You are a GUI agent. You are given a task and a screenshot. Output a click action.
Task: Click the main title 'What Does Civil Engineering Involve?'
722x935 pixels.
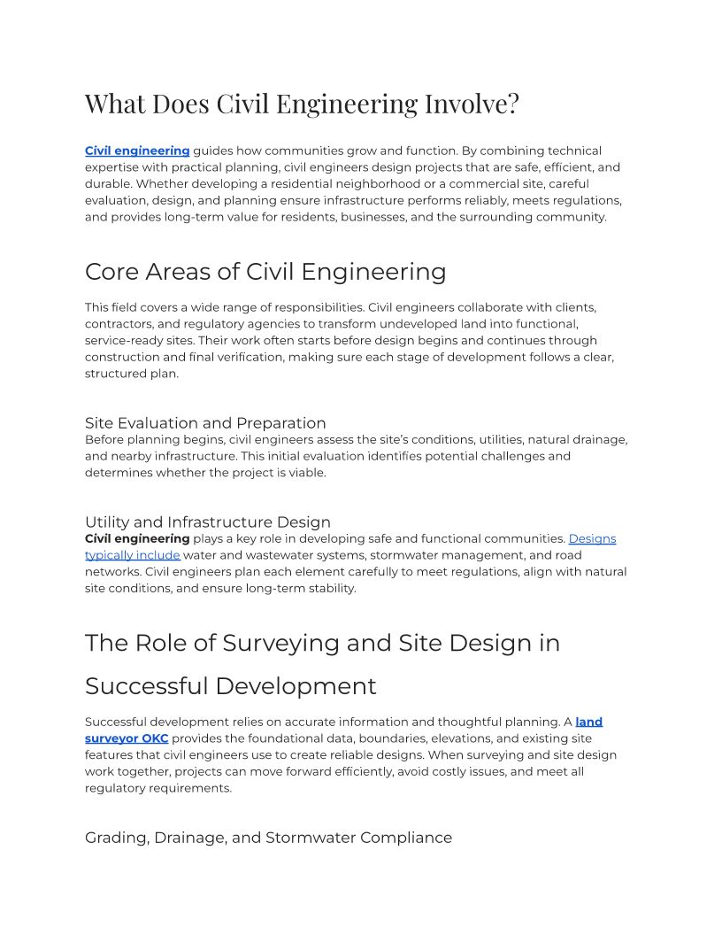[302, 104]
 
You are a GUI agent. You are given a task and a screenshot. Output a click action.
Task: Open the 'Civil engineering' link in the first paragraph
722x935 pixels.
[137, 151]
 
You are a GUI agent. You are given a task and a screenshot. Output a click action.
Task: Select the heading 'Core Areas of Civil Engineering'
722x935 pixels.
[265, 272]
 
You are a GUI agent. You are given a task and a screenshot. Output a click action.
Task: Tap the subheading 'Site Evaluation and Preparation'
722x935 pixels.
[205, 423]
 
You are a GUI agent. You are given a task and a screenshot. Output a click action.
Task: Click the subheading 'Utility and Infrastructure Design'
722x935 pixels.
[208, 522]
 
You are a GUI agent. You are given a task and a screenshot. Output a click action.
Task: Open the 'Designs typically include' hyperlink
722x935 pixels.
[133, 555]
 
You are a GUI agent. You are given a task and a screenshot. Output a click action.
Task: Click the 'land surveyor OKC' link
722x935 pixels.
[127, 738]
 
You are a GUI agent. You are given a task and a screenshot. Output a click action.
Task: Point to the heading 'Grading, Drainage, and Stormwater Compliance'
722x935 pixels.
[268, 838]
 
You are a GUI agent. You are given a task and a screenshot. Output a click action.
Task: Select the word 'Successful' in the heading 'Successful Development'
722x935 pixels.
[146, 686]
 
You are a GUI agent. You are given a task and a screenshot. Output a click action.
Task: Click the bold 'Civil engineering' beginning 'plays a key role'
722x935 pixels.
[137, 538]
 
